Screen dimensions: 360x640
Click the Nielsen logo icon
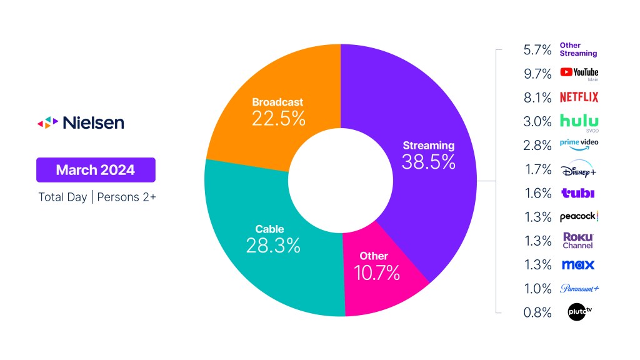pyautogui.click(x=47, y=122)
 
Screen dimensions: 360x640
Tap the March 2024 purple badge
pyautogui.click(x=96, y=169)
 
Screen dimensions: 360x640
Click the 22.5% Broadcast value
pyautogui.click(x=279, y=118)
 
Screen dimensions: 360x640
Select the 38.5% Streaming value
pyautogui.click(x=429, y=162)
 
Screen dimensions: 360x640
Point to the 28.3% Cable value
pyautogui.click(x=274, y=245)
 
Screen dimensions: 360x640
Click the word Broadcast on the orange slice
pyautogui.click(x=277, y=102)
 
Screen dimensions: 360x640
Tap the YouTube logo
pyautogui.click(x=579, y=72)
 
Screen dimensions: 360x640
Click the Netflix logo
pyautogui.click(x=579, y=97)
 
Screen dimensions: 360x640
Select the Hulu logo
pyautogui.click(x=579, y=121)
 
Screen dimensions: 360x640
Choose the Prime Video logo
pyautogui.click(x=579, y=144)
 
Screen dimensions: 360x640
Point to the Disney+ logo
pyautogui.click(x=579, y=169)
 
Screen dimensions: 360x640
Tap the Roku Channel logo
pyautogui.click(x=578, y=241)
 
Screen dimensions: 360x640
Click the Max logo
pyautogui.click(x=578, y=264)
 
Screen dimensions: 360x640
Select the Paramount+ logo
pyautogui.click(x=579, y=288)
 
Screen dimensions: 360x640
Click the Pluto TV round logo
pyautogui.click(x=578, y=312)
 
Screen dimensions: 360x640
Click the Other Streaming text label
pyautogui.click(x=578, y=49)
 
